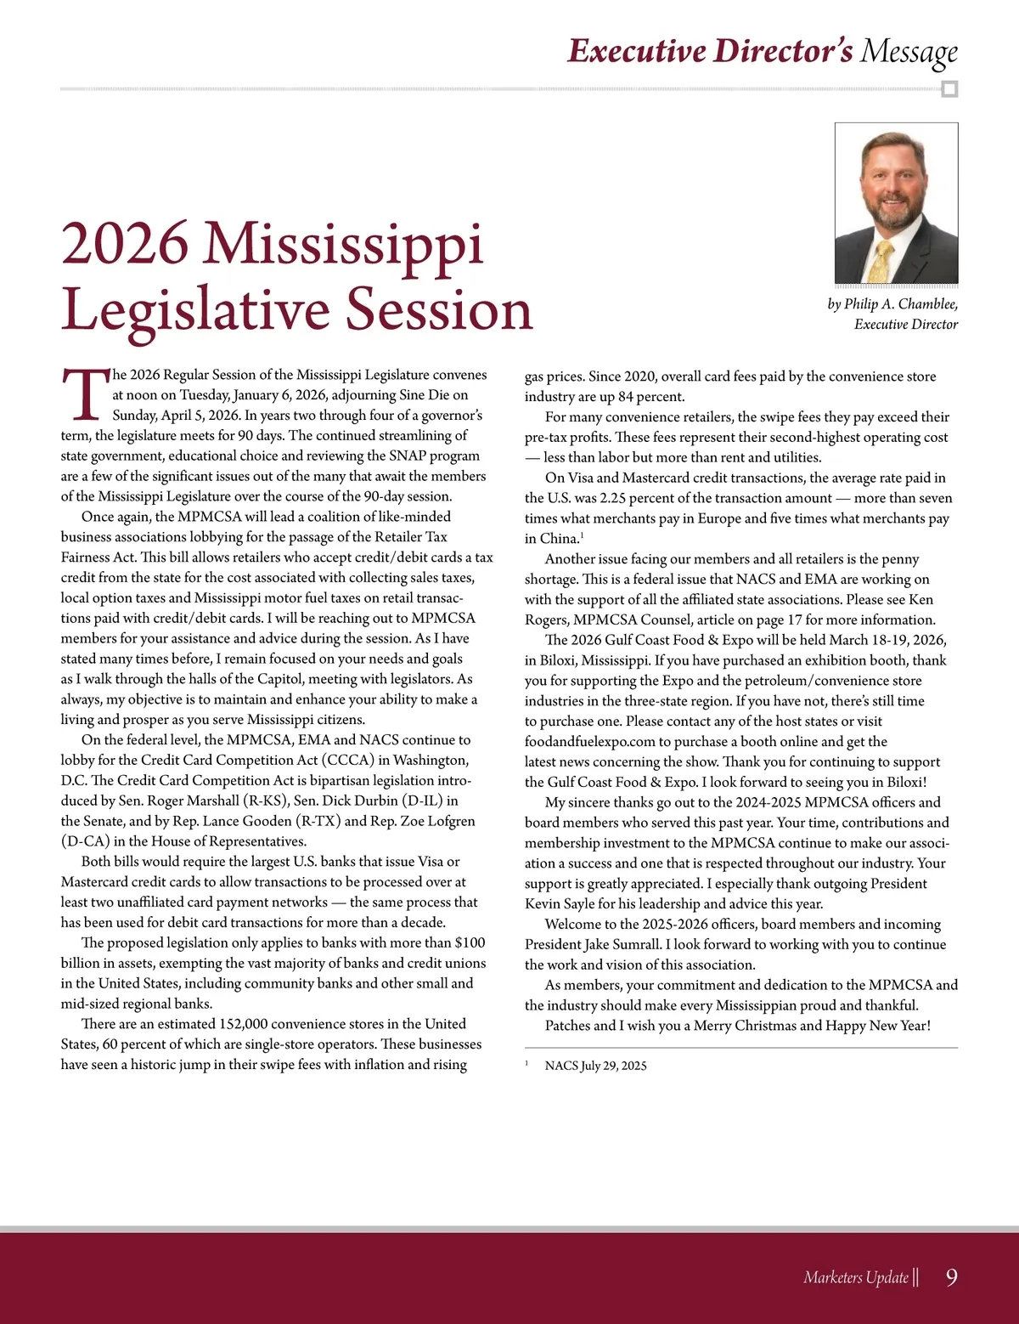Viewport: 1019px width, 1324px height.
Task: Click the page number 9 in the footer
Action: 951,1277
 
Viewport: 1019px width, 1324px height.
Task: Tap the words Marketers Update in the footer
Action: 856,1277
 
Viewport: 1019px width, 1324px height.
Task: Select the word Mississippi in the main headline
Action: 345,246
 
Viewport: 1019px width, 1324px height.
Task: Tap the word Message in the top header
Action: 909,52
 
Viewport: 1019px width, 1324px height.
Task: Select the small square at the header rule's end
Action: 950,89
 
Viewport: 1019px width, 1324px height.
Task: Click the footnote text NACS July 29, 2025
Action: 595,1066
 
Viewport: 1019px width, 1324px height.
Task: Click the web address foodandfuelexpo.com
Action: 589,742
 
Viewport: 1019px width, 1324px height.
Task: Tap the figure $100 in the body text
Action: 470,942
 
